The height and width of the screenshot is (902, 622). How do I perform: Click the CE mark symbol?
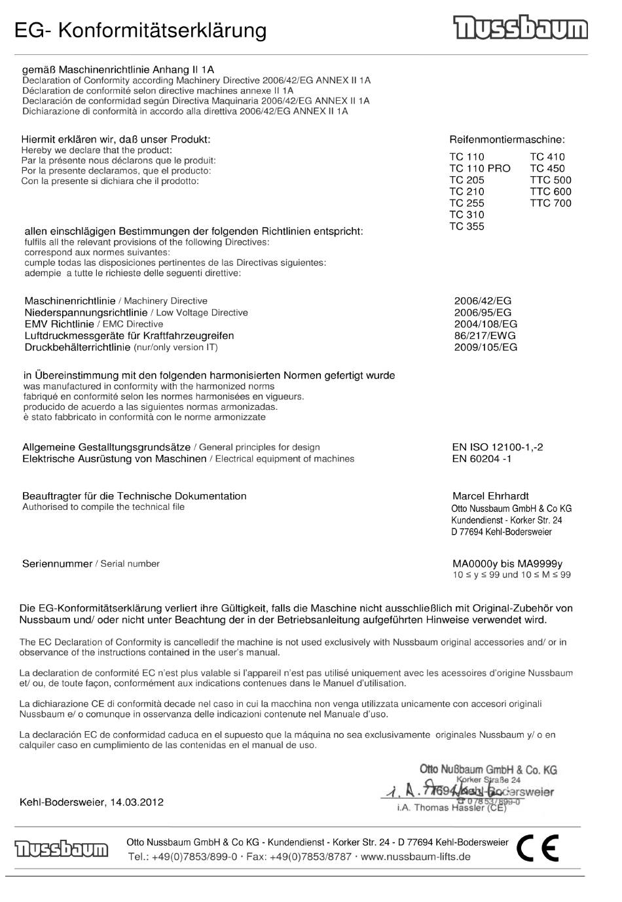(537, 848)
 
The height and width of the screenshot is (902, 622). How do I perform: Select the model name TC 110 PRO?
(479, 168)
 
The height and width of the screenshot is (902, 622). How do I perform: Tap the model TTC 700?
(550, 203)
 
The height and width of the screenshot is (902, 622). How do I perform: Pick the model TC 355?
(466, 226)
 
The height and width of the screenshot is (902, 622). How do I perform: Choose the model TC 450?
(547, 168)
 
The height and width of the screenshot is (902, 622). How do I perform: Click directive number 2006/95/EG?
(483, 312)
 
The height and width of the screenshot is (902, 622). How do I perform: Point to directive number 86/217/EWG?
(485, 336)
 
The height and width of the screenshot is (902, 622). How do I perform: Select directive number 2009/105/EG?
(485, 348)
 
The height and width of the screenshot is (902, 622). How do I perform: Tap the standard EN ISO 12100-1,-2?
(497, 447)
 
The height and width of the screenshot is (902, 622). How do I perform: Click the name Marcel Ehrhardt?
(490, 496)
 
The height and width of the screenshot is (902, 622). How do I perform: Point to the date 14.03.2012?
(137, 802)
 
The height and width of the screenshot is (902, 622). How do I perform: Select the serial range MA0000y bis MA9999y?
(507, 564)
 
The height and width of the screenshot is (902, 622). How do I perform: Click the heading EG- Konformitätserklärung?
(140, 31)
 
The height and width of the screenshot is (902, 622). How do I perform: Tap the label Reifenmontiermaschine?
(507, 139)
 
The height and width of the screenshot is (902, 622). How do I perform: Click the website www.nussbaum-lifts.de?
(415, 856)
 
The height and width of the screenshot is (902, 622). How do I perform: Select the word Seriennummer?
(57, 564)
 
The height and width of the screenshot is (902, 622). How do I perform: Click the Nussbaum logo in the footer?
(62, 849)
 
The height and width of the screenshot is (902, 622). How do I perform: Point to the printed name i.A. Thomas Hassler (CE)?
(452, 808)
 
